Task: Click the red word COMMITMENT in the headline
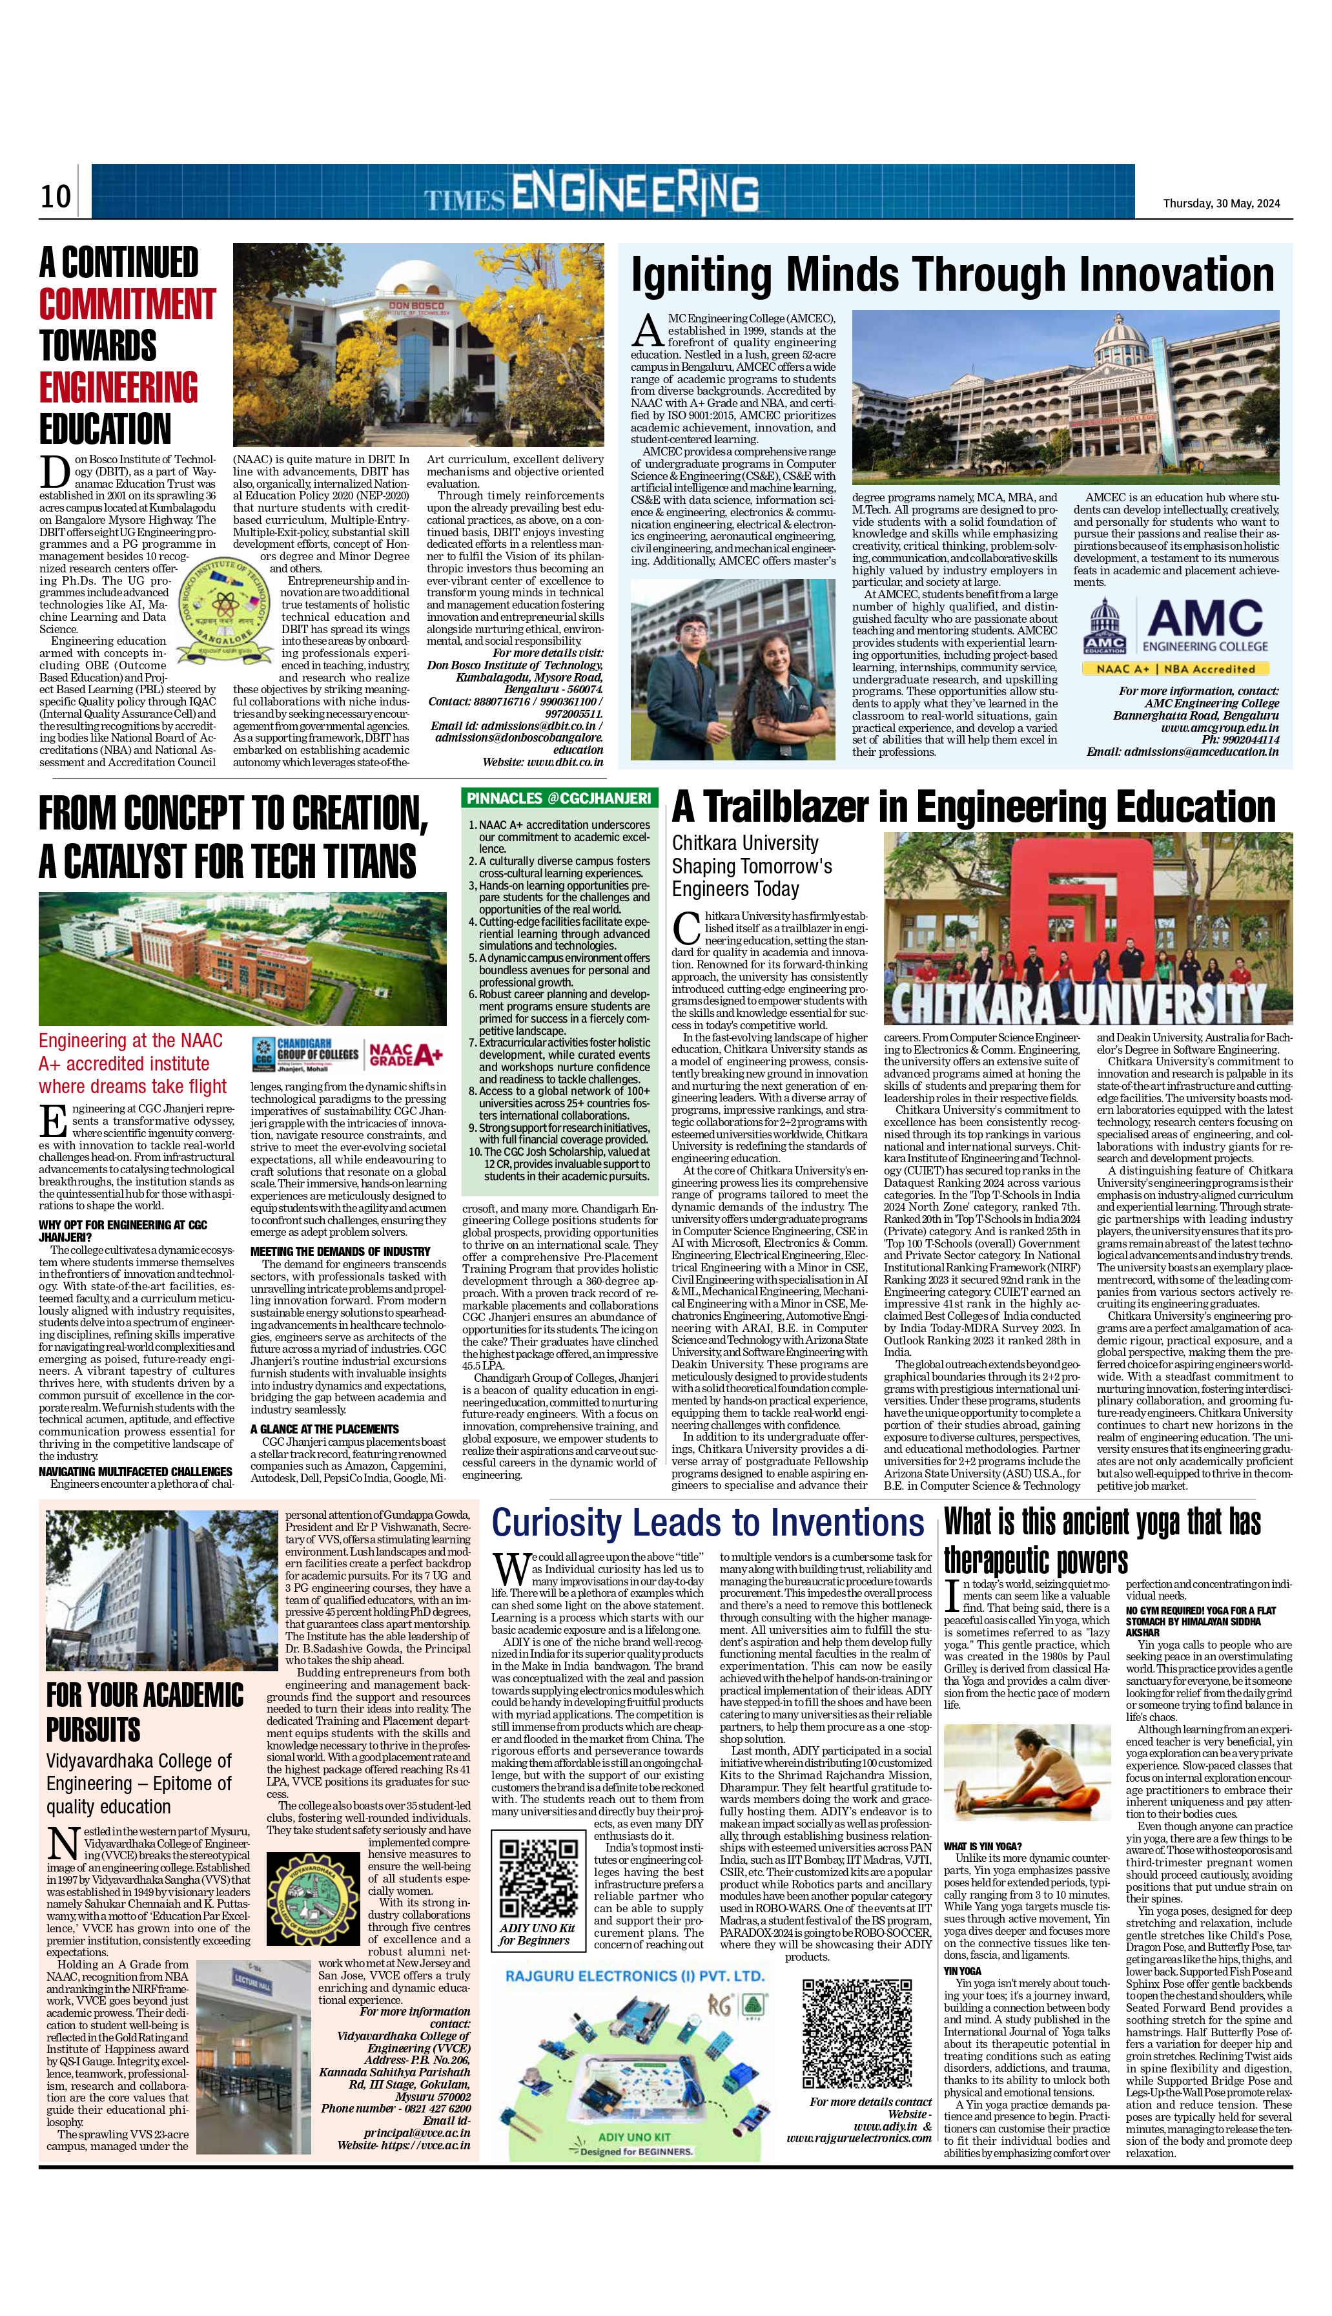coord(127,304)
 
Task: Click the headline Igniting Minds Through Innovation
coord(952,275)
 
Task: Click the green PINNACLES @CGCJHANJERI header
coord(559,798)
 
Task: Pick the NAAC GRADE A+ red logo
coord(405,1055)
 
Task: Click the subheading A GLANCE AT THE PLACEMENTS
coord(324,1428)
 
